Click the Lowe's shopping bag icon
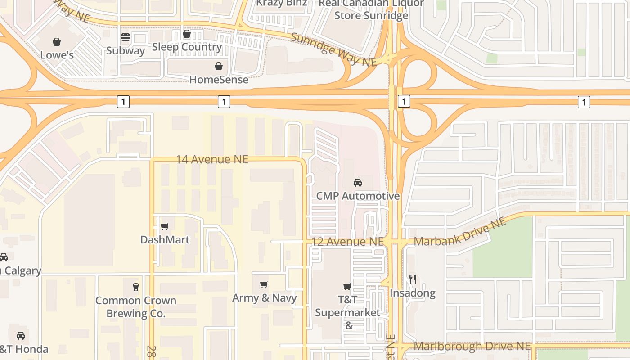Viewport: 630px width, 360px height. (x=57, y=42)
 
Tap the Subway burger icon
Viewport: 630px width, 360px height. (x=125, y=37)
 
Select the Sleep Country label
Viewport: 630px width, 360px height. (x=187, y=47)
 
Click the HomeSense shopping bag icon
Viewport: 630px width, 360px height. (x=219, y=67)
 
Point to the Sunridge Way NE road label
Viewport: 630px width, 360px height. (x=333, y=49)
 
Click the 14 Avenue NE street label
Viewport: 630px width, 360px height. (x=212, y=159)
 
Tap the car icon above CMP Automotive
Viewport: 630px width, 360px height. (x=358, y=183)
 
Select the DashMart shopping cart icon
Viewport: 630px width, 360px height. (x=165, y=226)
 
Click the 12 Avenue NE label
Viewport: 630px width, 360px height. (x=348, y=242)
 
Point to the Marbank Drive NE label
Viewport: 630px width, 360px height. (x=460, y=233)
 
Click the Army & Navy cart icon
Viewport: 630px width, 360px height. (x=264, y=284)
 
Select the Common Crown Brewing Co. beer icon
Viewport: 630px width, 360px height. (x=136, y=287)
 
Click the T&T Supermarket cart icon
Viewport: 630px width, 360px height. (x=347, y=286)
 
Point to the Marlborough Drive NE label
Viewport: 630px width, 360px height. (x=472, y=346)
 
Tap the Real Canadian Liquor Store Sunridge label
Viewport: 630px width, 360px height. (x=372, y=9)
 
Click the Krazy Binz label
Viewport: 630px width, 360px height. (x=282, y=3)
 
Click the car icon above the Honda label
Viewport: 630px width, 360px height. (x=21, y=336)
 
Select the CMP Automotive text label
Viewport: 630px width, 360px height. (x=358, y=196)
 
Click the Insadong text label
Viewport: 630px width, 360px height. (x=413, y=293)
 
